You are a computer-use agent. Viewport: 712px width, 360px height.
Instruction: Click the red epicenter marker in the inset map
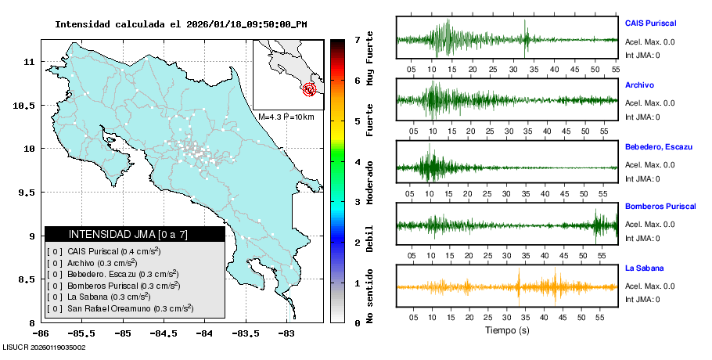pyautogui.click(x=311, y=89)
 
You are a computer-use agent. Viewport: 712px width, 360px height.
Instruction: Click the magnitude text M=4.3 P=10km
pyautogui.click(x=286, y=117)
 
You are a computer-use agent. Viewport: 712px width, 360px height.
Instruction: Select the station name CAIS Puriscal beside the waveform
pyautogui.click(x=650, y=23)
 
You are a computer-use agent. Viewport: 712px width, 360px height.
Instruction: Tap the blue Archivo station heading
pyautogui.click(x=639, y=85)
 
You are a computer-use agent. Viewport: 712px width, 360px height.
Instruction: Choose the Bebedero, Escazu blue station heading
pyautogui.click(x=656, y=146)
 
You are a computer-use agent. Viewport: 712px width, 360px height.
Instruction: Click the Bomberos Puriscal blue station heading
pyautogui.click(x=660, y=207)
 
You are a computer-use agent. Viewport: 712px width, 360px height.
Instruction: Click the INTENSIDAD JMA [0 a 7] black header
pyautogui.click(x=135, y=234)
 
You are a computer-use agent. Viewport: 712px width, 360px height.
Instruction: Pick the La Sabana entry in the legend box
pyautogui.click(x=99, y=297)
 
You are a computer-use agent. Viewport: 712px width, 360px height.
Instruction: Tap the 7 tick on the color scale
pyautogui.click(x=357, y=39)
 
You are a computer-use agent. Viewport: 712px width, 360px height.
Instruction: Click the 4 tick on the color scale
pyautogui.click(x=357, y=162)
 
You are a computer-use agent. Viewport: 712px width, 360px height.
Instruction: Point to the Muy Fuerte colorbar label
pyautogui.click(x=370, y=59)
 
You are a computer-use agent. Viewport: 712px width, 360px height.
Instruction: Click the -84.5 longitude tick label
pyautogui.click(x=164, y=333)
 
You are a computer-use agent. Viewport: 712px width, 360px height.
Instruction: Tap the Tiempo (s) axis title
pyautogui.click(x=507, y=330)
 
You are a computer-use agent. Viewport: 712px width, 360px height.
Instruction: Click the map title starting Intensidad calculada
pyautogui.click(x=181, y=24)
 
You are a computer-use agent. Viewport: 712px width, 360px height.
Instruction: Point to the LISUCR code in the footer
pyautogui.click(x=44, y=347)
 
